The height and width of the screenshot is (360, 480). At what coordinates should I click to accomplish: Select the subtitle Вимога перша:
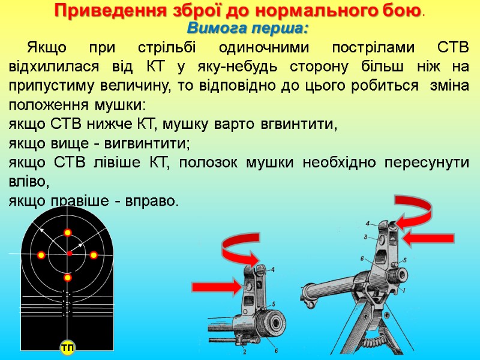[x=248, y=28]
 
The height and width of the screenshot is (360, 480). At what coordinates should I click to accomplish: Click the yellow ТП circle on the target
[x=67, y=349]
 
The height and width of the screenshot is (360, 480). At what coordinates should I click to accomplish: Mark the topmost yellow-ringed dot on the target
[x=68, y=232]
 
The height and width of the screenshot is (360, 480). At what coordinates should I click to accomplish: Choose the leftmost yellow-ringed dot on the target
[x=41, y=255]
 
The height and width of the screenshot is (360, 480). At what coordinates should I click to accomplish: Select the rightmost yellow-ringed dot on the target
[x=94, y=255]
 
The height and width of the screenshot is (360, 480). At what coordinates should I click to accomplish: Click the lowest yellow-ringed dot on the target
[x=68, y=278]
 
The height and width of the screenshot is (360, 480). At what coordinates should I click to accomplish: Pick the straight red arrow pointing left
[x=425, y=239]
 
